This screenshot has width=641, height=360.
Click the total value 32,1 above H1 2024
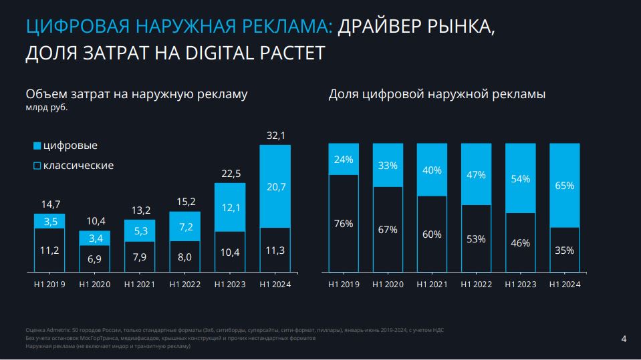pyautogui.click(x=275, y=136)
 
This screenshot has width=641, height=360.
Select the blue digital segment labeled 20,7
pyautogui.click(x=275, y=188)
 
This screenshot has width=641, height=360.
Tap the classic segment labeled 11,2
pyautogui.click(x=49, y=250)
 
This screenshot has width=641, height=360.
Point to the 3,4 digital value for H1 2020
pyautogui.click(x=95, y=238)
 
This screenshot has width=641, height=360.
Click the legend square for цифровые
pyautogui.click(x=37, y=146)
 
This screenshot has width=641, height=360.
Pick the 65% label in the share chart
pyautogui.click(x=565, y=186)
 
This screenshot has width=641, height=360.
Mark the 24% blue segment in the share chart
pyautogui.click(x=344, y=160)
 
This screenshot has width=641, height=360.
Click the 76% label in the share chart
pyautogui.click(x=344, y=224)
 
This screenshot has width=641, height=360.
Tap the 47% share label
pyautogui.click(x=476, y=175)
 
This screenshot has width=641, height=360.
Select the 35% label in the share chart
pyautogui.click(x=565, y=251)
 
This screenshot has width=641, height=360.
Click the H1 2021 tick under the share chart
pyautogui.click(x=432, y=285)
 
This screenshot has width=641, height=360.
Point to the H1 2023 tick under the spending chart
pyautogui.click(x=230, y=285)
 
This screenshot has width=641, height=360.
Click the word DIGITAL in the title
pyautogui.click(x=213, y=53)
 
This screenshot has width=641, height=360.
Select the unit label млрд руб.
pyautogui.click(x=47, y=108)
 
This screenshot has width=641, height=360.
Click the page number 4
pyautogui.click(x=624, y=339)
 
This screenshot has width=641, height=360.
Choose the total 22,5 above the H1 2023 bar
pyautogui.click(x=230, y=174)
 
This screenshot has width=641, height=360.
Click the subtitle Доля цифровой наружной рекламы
pyautogui.click(x=436, y=95)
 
